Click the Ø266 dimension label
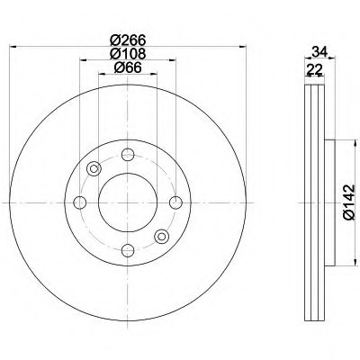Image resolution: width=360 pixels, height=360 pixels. point(128,40)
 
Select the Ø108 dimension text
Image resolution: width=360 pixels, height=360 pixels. point(128,54)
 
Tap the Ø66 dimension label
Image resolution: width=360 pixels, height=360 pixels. point(128,67)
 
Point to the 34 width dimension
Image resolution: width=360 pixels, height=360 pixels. point(319,52)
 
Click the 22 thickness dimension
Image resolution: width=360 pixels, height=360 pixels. point(314,70)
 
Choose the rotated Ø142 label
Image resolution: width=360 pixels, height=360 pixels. point(349,202)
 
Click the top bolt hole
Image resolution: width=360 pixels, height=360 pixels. point(128,155)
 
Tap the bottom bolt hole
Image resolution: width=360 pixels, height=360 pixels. point(128,250)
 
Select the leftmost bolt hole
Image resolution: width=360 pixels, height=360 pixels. point(80,202)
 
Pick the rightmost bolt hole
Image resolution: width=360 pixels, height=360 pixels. point(175,202)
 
